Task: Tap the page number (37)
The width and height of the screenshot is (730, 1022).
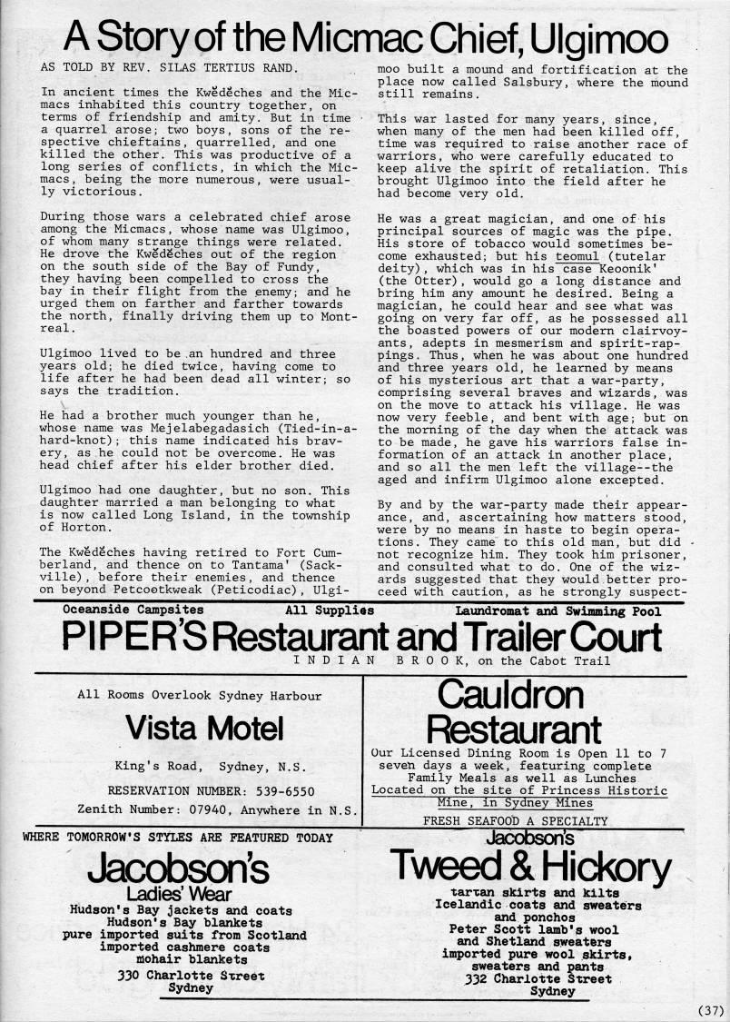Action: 711,1009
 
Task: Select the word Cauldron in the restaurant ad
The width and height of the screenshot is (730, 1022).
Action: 509,694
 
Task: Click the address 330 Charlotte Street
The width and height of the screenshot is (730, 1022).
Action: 191,976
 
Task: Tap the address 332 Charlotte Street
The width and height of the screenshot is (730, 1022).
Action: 538,979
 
